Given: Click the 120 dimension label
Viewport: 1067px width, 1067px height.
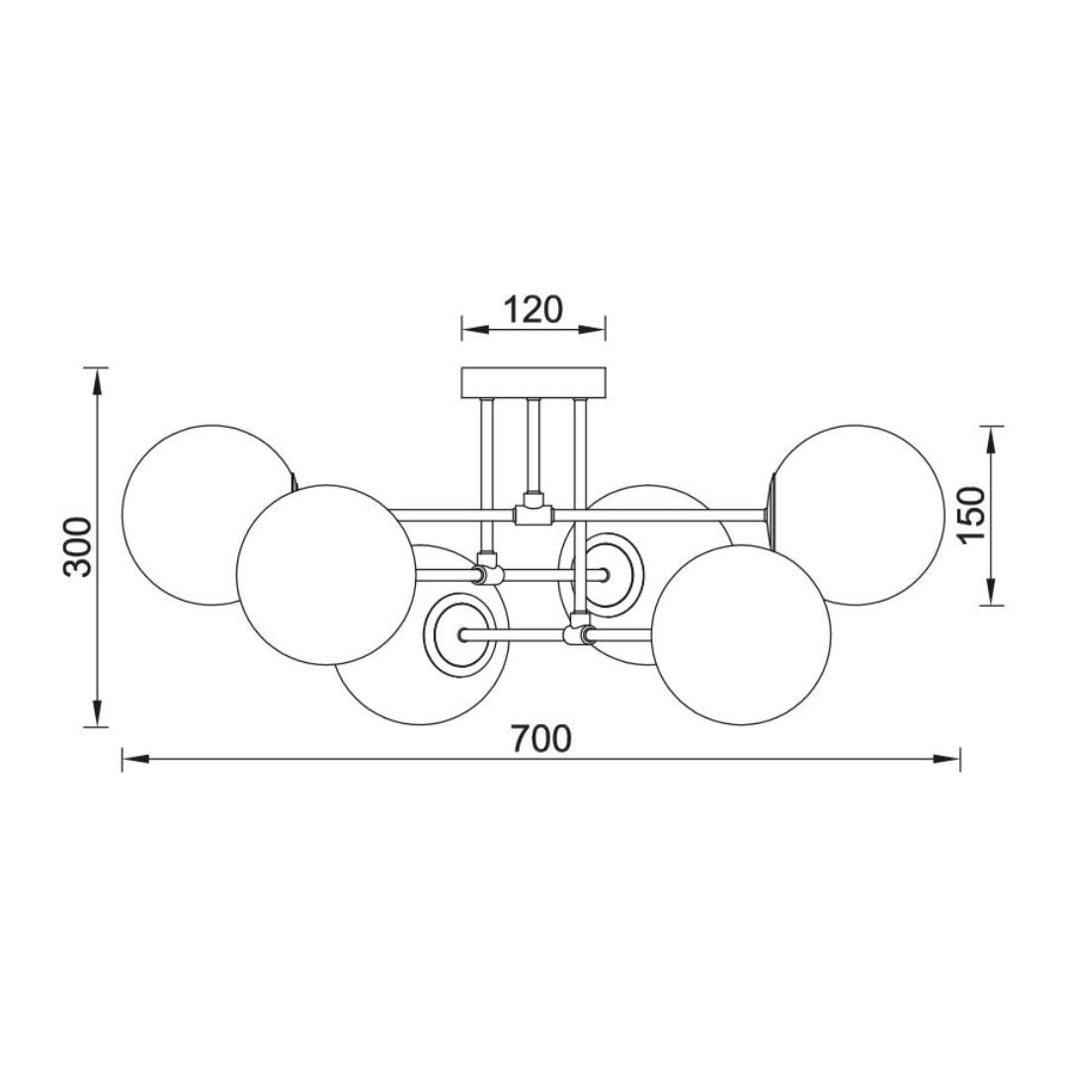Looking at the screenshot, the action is [x=533, y=310].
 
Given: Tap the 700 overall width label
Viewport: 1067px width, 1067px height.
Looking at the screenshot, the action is [x=541, y=739].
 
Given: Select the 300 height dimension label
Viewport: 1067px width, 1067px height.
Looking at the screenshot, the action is [x=77, y=547].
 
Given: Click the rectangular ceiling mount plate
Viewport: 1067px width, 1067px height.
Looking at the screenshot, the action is [x=533, y=382].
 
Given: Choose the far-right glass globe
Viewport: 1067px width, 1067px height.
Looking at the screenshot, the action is [x=858, y=515].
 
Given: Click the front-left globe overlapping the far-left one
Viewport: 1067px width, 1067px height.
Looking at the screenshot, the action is [x=327, y=575].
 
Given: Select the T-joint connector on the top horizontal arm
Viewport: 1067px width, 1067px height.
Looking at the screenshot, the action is [x=533, y=511].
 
